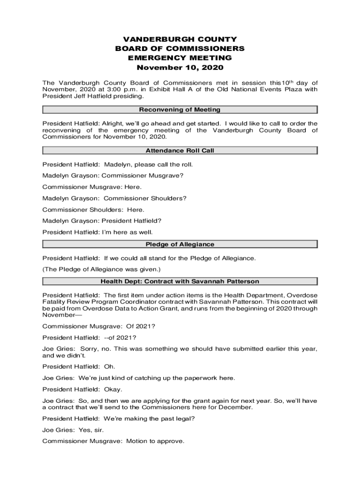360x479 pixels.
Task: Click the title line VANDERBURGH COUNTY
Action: [180, 40]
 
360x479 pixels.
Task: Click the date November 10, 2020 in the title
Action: [180, 67]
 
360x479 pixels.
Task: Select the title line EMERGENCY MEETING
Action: [180, 58]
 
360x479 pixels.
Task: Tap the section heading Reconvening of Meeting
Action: [180, 110]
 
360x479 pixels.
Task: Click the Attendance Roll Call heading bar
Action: [180, 151]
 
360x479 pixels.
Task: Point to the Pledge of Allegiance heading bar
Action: [180, 244]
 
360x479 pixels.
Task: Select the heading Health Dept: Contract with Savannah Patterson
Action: [180, 282]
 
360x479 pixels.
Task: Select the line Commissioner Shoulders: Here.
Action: [93, 210]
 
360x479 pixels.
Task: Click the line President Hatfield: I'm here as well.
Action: [97, 232]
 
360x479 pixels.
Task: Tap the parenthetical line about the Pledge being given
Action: [101, 269]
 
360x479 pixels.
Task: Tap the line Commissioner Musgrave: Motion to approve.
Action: [113, 441]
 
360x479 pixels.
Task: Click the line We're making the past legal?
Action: [118, 419]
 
